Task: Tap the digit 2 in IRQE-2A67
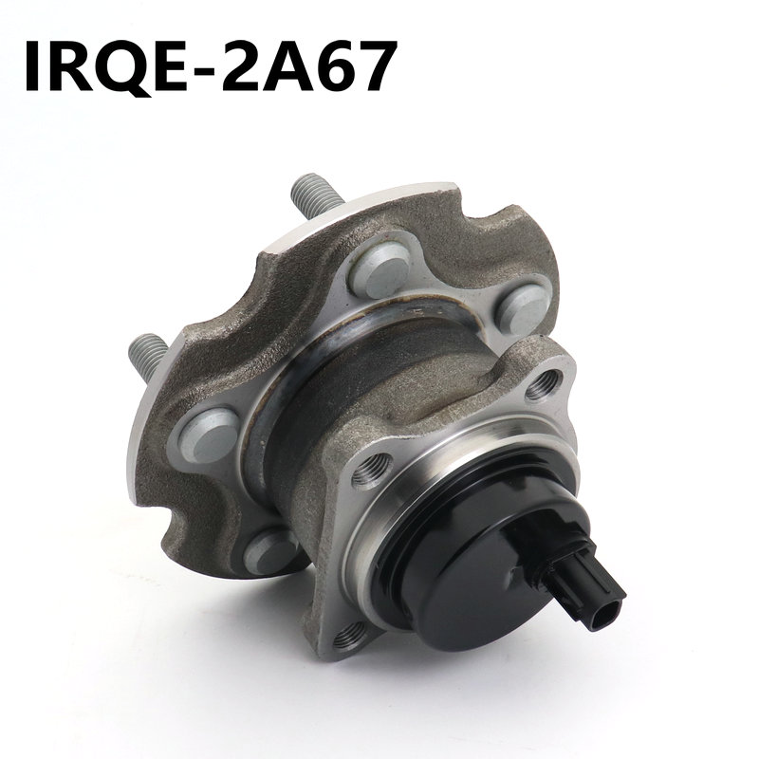coord(244,65)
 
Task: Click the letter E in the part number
coord(170,66)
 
